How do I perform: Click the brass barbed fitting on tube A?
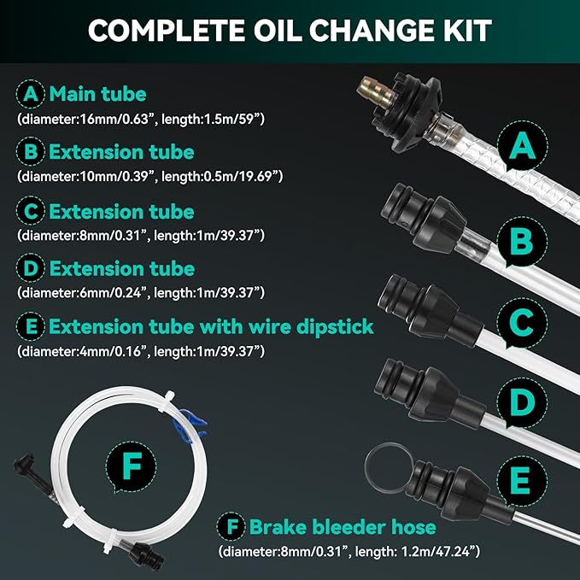[x=376, y=92]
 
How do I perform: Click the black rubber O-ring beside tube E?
[x=389, y=467]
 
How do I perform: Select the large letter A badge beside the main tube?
[x=522, y=145]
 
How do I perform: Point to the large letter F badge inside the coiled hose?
[x=132, y=466]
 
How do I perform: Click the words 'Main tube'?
[x=98, y=94]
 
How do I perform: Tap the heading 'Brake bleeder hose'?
[x=343, y=526]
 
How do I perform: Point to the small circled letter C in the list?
[x=31, y=211]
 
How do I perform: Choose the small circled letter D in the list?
[x=31, y=268]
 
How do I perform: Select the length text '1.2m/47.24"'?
[x=437, y=552]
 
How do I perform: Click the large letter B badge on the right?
[x=522, y=242]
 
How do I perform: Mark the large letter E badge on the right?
[x=522, y=480]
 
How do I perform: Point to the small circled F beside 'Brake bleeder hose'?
[x=231, y=526]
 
